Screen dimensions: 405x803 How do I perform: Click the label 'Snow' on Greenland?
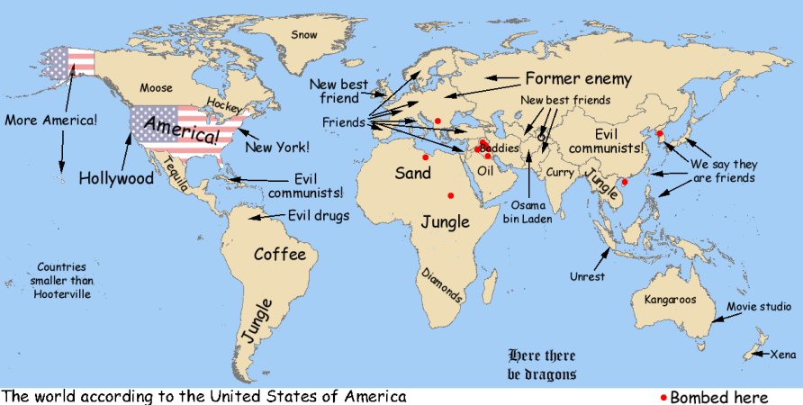tap(305, 34)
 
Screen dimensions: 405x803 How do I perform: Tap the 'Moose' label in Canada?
tap(155, 87)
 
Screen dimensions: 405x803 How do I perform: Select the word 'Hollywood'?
tap(116, 178)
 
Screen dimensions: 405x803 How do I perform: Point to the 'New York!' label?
tap(277, 146)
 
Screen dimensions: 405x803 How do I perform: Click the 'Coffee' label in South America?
tap(279, 255)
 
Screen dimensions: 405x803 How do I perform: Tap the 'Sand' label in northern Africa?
tap(413, 173)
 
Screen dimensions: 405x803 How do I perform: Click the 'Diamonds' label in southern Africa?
tap(442, 284)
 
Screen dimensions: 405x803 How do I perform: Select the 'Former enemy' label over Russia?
tap(578, 78)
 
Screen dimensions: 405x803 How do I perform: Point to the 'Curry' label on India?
tap(559, 172)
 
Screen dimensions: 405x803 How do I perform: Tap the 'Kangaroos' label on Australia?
tap(670, 300)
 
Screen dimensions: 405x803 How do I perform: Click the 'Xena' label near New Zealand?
tap(783, 355)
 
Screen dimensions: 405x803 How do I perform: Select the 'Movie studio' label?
tap(759, 307)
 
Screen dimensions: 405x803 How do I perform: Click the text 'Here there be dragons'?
tap(542, 364)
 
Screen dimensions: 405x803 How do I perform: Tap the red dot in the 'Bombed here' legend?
tap(664, 397)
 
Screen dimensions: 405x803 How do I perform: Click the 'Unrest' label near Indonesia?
tap(587, 276)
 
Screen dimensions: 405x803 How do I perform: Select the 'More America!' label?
tap(51, 119)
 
